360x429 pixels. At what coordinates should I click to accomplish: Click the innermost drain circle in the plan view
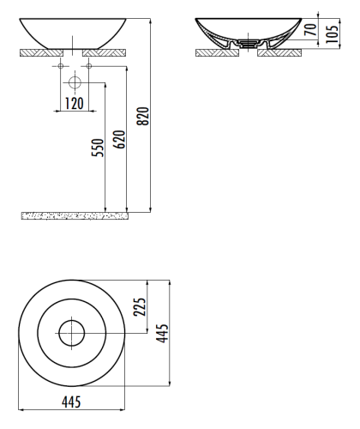coord(73,331)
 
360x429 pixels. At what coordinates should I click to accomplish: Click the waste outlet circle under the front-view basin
coord(74,83)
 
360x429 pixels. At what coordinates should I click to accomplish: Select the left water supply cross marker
coord(60,65)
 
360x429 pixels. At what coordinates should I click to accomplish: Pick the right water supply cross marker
coord(87,65)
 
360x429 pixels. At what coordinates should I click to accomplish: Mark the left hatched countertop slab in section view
coord(216,52)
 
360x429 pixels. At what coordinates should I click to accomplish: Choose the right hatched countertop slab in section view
coord(279,52)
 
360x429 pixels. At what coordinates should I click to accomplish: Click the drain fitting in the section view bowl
coord(247,41)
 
